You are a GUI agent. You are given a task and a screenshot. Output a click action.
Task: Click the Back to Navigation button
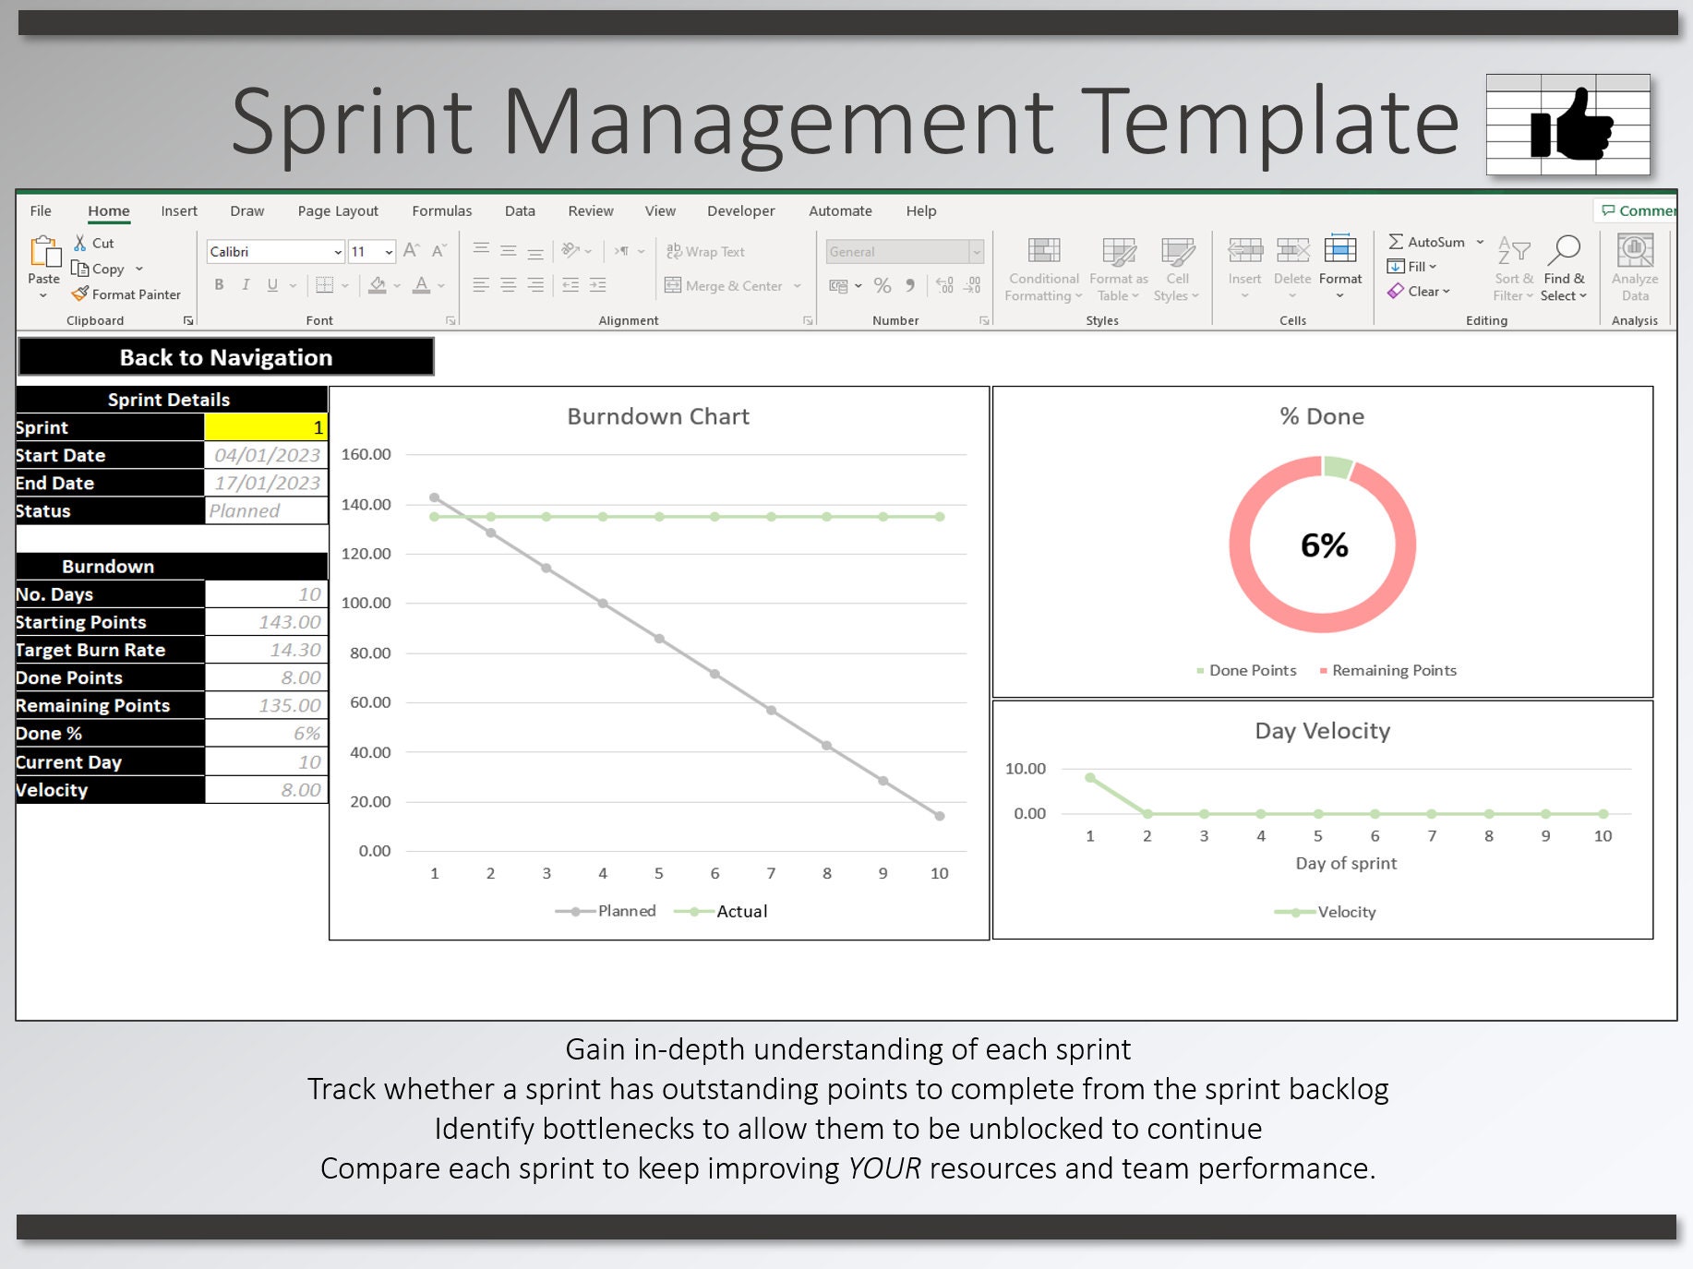click(x=226, y=357)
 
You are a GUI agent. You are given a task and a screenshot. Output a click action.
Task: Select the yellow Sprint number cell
click(x=266, y=427)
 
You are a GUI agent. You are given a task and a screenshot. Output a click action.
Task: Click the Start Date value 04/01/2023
click(x=266, y=455)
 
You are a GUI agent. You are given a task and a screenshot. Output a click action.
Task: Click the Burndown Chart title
click(x=658, y=416)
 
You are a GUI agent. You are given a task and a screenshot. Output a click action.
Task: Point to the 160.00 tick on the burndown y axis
click(x=366, y=454)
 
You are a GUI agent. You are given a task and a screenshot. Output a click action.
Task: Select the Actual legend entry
click(x=721, y=911)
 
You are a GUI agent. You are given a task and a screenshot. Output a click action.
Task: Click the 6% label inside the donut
click(x=1324, y=545)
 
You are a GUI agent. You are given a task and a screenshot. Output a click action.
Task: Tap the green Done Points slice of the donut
click(x=1338, y=467)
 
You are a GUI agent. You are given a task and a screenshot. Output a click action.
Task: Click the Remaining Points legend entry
click(x=1388, y=670)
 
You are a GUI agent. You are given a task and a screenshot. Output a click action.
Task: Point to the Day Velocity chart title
click(x=1322, y=731)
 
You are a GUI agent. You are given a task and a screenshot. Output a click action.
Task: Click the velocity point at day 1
click(x=1090, y=778)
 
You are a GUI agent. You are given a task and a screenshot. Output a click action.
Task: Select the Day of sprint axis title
click(x=1346, y=863)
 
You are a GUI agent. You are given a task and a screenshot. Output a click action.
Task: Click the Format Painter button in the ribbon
click(x=126, y=294)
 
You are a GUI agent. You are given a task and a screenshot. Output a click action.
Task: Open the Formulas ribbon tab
click(x=441, y=210)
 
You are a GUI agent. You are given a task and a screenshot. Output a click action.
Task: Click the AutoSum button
click(x=1427, y=242)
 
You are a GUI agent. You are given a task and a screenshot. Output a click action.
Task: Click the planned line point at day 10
click(x=939, y=816)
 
